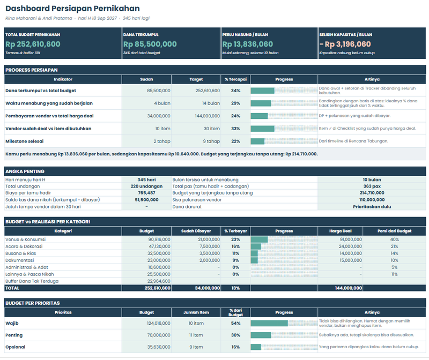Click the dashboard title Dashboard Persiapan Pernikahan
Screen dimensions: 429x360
[72, 9]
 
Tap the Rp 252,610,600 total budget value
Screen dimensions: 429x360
[33, 44]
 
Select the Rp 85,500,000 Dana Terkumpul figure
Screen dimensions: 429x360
[150, 44]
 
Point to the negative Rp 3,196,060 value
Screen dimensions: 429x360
[345, 44]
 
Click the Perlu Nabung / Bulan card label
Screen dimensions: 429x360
[245, 35]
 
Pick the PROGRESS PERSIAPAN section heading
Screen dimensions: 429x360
[32, 70]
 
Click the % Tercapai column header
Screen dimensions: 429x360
[235, 79]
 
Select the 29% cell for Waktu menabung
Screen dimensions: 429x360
[235, 103]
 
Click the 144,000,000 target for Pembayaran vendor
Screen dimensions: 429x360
[208, 116]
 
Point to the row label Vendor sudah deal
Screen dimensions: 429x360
[48, 129]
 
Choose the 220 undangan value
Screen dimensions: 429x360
[146, 186]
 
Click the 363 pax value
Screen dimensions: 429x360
[372, 186]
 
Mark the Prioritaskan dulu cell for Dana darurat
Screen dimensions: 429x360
[372, 207]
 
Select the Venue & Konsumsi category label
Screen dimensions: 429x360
[25, 239]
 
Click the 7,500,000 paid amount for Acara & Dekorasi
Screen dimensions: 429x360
[209, 246]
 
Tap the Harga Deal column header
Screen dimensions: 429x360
[341, 231]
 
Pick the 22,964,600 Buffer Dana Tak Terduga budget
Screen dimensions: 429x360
[159, 281]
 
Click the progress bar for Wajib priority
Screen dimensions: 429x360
[269, 324]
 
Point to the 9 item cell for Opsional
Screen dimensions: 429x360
[196, 347]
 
